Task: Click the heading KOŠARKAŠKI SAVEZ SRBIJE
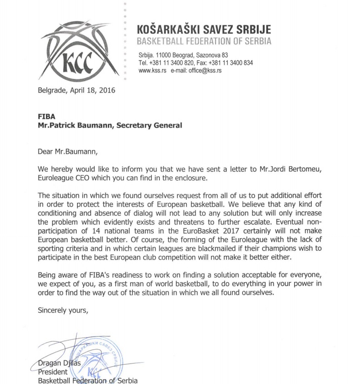[x=204, y=29]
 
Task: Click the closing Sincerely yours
[x=63, y=310]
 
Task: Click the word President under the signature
[x=52, y=372]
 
